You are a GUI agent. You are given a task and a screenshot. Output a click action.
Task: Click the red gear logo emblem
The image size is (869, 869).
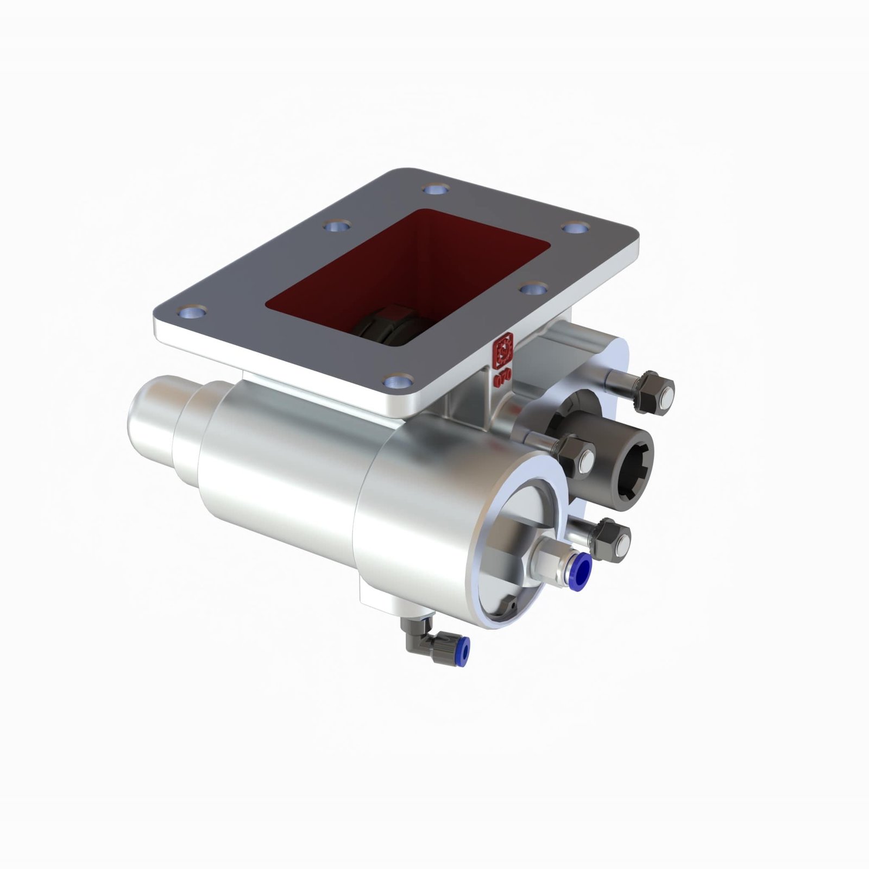pyautogui.click(x=502, y=350)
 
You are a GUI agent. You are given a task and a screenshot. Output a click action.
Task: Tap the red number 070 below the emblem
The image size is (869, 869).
pyautogui.click(x=502, y=377)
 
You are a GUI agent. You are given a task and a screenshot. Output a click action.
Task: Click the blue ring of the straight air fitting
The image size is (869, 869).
pyautogui.click(x=580, y=571)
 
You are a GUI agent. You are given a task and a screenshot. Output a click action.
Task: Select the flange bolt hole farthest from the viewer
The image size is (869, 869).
pyautogui.click(x=436, y=190)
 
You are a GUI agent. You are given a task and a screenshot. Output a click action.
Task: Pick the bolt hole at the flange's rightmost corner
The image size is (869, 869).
pyautogui.click(x=575, y=227)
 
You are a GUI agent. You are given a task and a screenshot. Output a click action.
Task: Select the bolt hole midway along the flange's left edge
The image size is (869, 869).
pyautogui.click(x=337, y=225)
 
